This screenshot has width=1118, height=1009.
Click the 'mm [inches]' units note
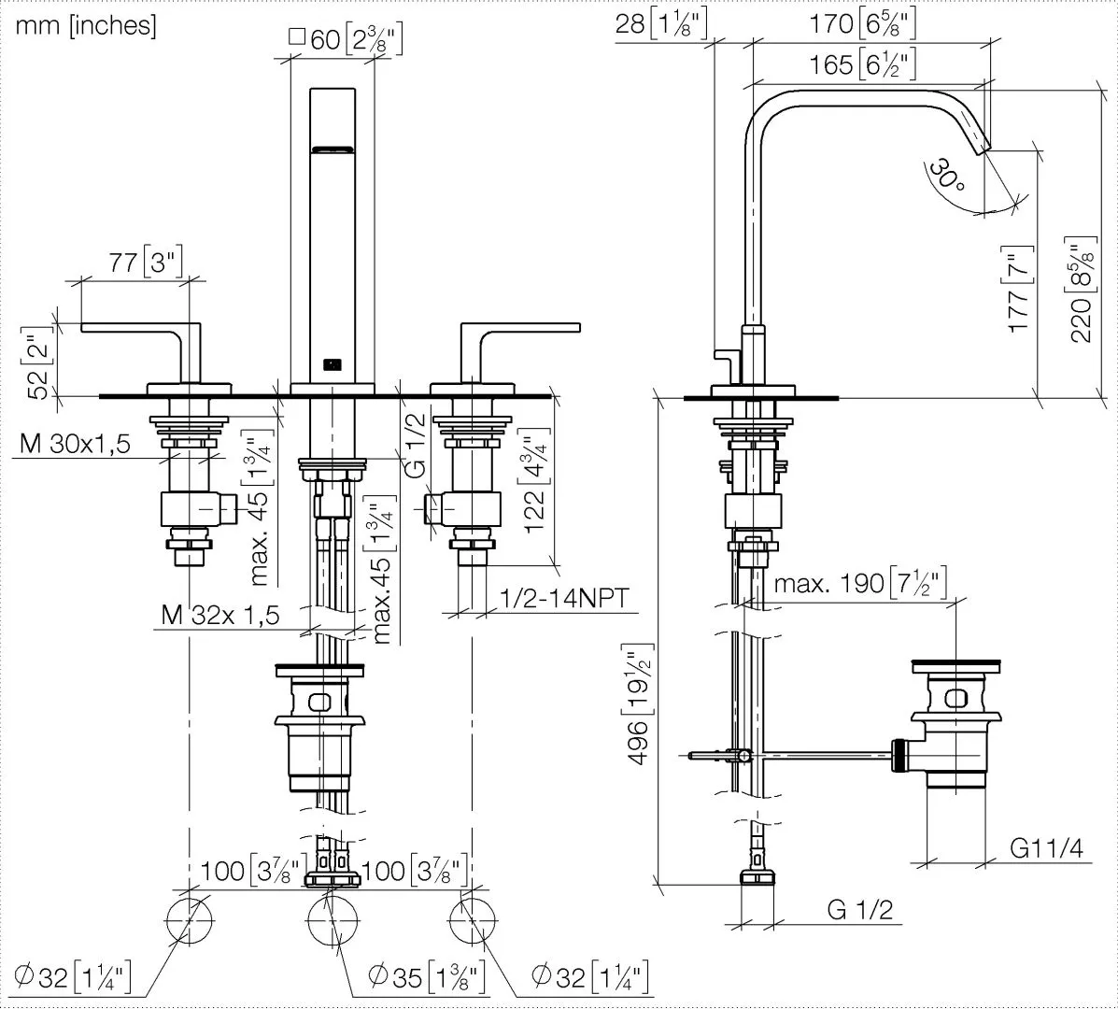pyautogui.click(x=85, y=26)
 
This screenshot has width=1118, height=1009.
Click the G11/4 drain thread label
pyautogui.click(x=1047, y=847)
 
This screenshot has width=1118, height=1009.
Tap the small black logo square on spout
pyautogui.click(x=332, y=364)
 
